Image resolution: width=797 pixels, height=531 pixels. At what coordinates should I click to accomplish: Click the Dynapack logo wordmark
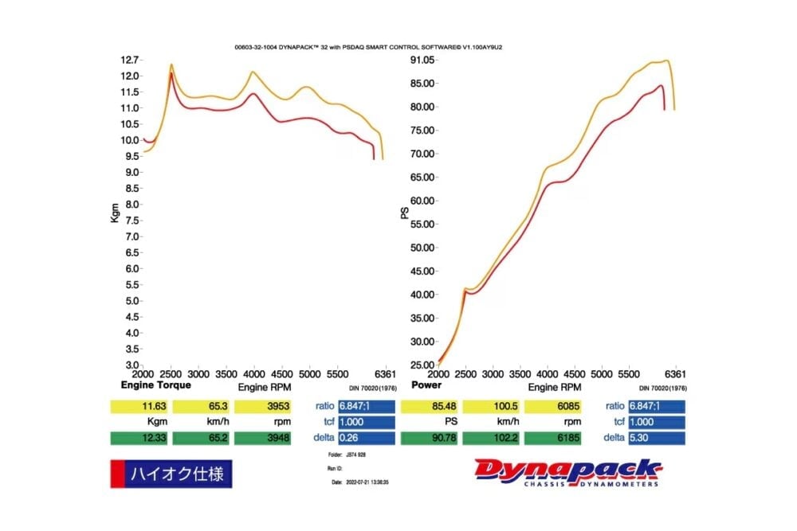[x=567, y=470]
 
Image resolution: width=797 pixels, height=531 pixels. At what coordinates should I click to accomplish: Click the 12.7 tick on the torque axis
[x=130, y=60]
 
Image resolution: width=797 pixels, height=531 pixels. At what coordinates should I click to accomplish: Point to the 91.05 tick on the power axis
[x=421, y=60]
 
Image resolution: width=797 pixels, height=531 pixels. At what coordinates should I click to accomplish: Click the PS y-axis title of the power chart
[x=405, y=213]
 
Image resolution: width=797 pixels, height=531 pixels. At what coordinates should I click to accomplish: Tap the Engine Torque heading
[x=155, y=385]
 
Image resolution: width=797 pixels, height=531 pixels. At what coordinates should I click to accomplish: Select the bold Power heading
[x=426, y=385]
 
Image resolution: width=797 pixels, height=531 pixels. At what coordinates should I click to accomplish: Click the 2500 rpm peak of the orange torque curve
[x=171, y=64]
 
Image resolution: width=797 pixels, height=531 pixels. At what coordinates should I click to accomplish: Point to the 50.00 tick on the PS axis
[x=421, y=247]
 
